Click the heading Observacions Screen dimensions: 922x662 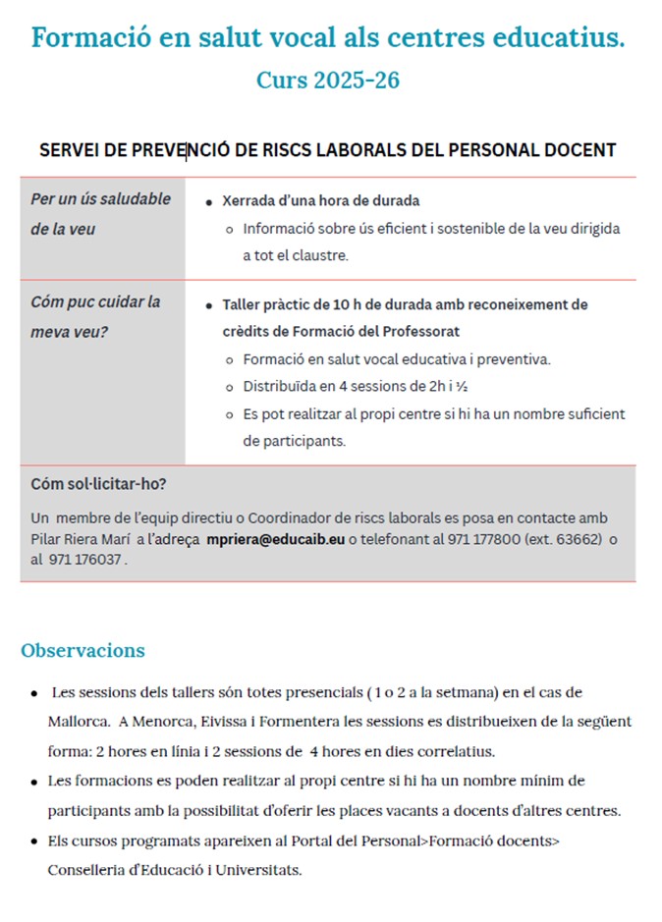pyautogui.click(x=83, y=650)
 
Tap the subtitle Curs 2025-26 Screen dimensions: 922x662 pyautogui.click(x=328, y=81)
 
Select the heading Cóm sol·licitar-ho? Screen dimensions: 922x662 pyautogui.click(x=98, y=484)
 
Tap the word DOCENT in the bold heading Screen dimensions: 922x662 pyautogui.click(x=581, y=150)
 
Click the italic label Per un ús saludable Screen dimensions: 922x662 pyautogui.click(x=100, y=199)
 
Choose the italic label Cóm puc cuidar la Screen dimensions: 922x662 pyautogui.click(x=95, y=302)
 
